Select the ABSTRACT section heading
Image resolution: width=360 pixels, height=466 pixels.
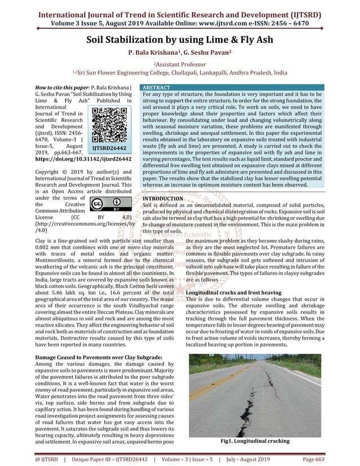click(x=157, y=89)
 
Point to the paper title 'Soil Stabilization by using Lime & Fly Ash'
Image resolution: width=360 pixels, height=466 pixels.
click(x=180, y=40)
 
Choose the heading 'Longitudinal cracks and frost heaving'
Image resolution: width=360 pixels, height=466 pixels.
click(x=233, y=293)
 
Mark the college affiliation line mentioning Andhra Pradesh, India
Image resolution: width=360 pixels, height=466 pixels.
click(x=179, y=73)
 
